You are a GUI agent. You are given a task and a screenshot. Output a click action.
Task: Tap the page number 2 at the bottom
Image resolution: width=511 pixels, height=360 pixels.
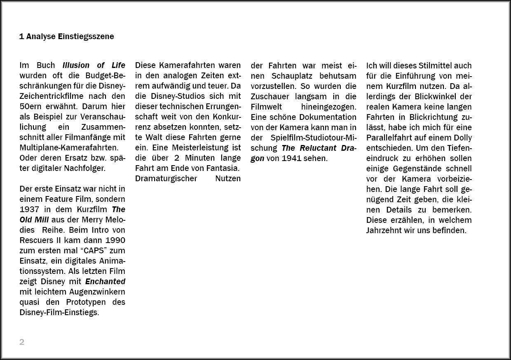pyautogui.click(x=22, y=342)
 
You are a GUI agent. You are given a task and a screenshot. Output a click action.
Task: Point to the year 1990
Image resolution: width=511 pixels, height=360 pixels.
pyautogui.click(x=115, y=240)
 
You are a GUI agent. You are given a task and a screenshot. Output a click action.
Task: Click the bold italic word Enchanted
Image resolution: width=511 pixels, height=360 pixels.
pyautogui.click(x=105, y=282)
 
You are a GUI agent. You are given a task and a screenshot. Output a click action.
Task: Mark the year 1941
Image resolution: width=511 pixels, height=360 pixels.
pyautogui.click(x=290, y=158)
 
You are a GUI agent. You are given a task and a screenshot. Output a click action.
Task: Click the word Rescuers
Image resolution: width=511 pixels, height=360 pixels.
pyautogui.click(x=35, y=240)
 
